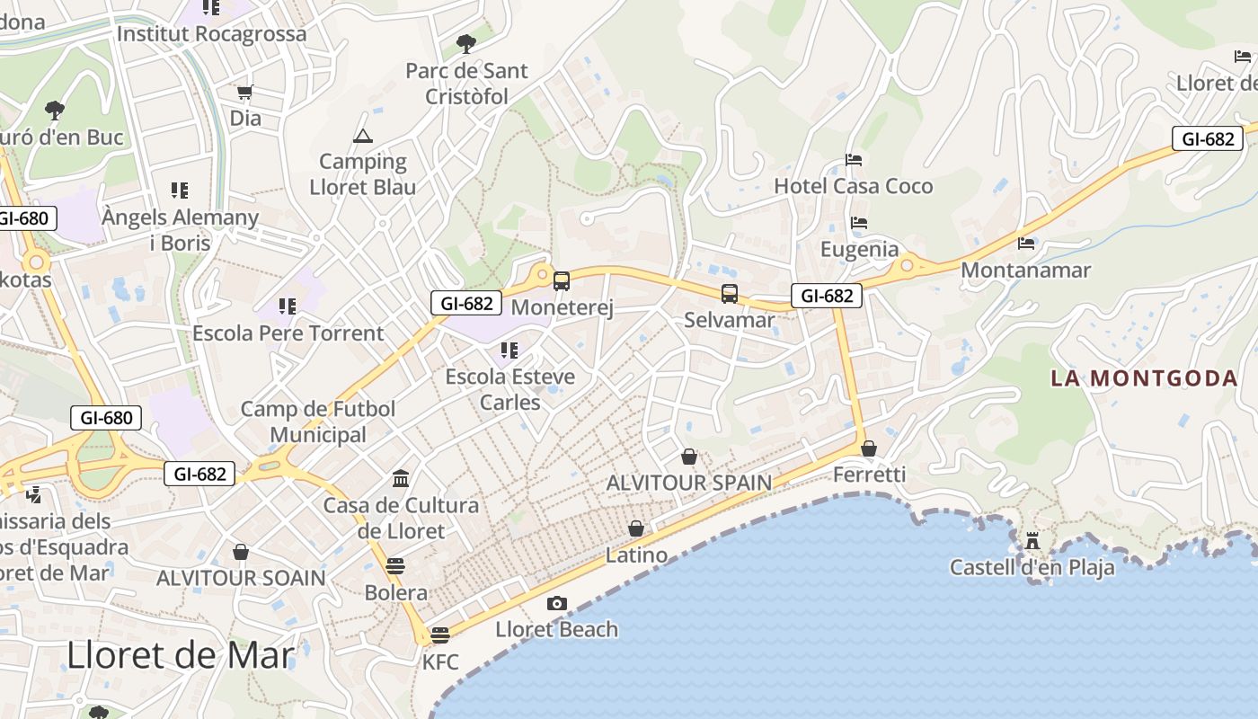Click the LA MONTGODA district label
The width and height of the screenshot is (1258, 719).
[1144, 377]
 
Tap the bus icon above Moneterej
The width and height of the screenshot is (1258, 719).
[562, 281]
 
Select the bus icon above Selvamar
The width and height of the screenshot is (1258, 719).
[730, 293]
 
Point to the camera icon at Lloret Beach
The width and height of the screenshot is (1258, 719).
[557, 603]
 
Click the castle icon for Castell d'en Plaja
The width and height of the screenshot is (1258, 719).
[1032, 541]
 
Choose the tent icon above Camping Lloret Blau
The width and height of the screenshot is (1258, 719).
[363, 136]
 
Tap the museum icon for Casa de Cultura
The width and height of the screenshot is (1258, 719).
[401, 478]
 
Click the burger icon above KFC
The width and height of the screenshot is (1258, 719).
[439, 635]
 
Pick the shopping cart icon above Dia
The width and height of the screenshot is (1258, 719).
[244, 92]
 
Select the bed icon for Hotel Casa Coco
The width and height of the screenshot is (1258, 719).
[854, 160]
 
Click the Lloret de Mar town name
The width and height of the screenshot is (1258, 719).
[181, 656]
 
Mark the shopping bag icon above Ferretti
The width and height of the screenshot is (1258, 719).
[869, 448]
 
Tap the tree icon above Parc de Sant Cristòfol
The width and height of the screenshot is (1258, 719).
[465, 43]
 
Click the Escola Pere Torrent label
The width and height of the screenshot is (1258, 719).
[288, 333]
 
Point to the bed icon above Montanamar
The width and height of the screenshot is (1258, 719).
[1026, 243]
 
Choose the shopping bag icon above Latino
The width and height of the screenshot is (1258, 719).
[636, 528]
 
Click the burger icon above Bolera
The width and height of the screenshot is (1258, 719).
[395, 566]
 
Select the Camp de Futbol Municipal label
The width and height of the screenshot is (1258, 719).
[318, 422]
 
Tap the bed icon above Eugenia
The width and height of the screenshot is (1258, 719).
[859, 223]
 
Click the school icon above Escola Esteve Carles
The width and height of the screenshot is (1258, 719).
[509, 350]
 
